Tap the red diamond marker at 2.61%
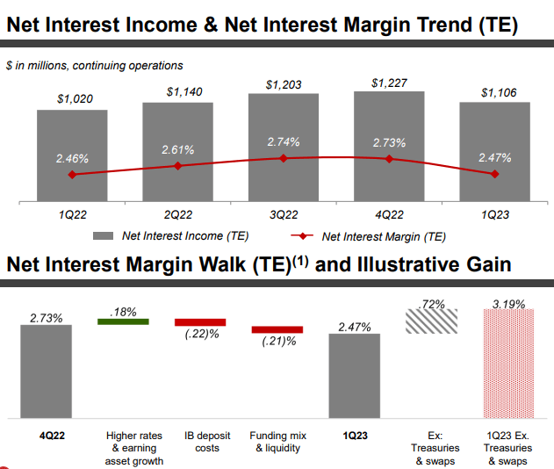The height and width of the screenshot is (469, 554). (x=177, y=166)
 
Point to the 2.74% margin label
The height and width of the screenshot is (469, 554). (x=283, y=141)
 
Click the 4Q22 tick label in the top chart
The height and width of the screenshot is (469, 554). (x=389, y=213)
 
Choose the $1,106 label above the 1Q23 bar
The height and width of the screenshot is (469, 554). (x=495, y=92)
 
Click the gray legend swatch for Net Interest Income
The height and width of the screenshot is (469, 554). (x=104, y=235)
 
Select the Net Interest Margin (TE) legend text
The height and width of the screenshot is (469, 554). (x=384, y=235)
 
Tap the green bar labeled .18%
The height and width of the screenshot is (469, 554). (x=122, y=321)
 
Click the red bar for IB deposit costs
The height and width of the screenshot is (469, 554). (x=200, y=322)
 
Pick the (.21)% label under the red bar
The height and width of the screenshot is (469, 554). (x=278, y=342)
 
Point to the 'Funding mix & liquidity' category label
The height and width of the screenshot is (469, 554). (x=277, y=442)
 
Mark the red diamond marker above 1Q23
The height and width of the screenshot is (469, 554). (x=495, y=174)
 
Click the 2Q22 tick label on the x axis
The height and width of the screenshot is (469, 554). (x=177, y=213)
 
